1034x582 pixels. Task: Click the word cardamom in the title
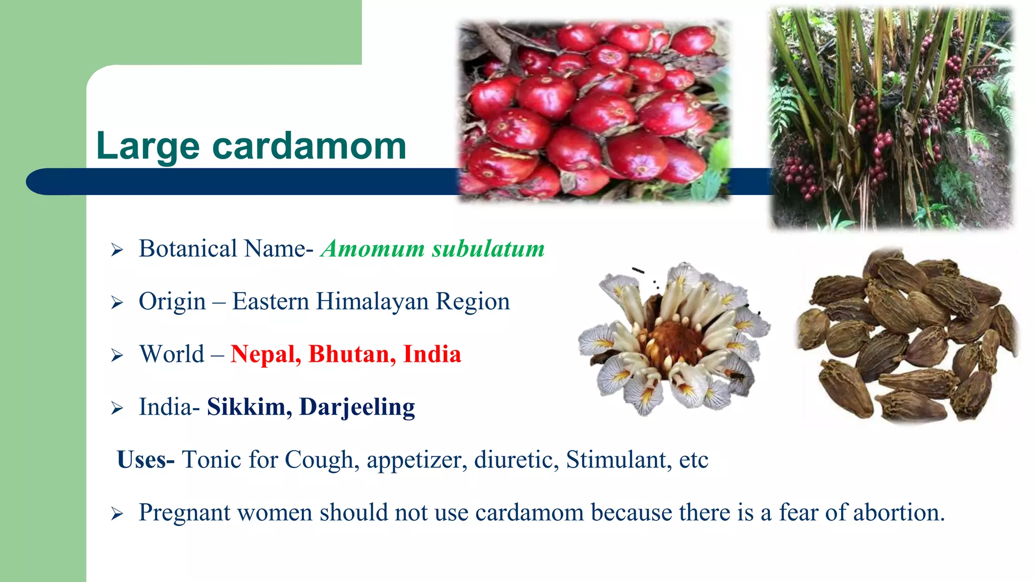tap(309, 147)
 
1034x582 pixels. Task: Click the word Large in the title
tap(148, 147)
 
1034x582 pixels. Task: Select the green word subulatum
tap(488, 249)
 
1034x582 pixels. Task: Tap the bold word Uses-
tap(145, 460)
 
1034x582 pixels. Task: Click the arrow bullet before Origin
tap(117, 303)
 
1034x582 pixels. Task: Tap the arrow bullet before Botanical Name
tap(117, 250)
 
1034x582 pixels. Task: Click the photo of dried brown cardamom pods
tap(907, 336)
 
